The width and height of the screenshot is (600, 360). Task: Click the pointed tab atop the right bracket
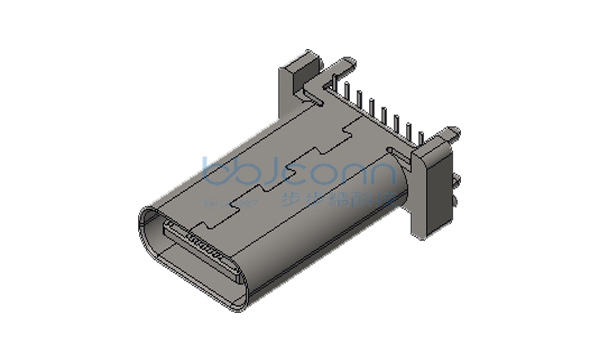point(455,130)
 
